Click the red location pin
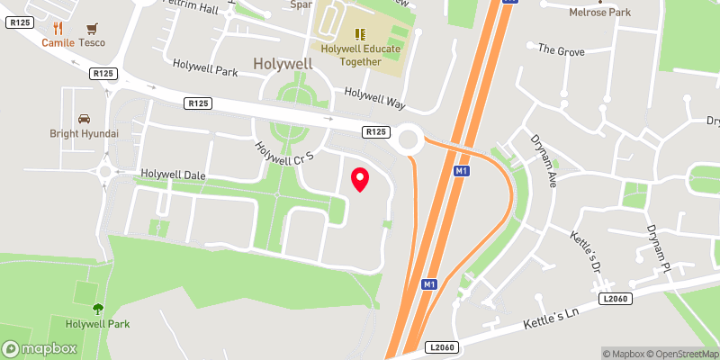[x=360, y=179]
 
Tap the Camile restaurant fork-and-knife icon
[x=58, y=29]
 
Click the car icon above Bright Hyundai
[x=84, y=118]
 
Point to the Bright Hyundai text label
[x=84, y=134]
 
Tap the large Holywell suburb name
[x=283, y=64]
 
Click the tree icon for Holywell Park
[x=97, y=308]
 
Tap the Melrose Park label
[x=599, y=13]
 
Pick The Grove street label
[x=561, y=49]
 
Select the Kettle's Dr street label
[x=586, y=250]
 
